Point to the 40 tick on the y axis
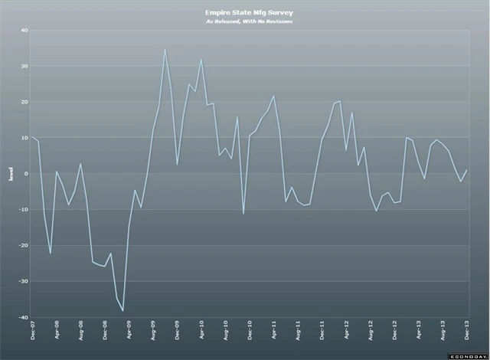pyautogui.click(x=24, y=31)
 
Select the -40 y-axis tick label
pyautogui.click(x=23, y=317)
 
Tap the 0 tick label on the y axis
pyautogui.click(x=26, y=174)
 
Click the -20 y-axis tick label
pyautogui.click(x=23, y=245)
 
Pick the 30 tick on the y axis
pyautogui.click(x=24, y=67)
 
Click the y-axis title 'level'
pyautogui.click(x=10, y=175)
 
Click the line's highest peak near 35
pyautogui.click(x=165, y=50)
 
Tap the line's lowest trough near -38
pyautogui.click(x=122, y=311)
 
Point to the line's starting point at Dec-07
pyautogui.click(x=32, y=137)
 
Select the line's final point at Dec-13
pyautogui.click(x=466, y=170)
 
